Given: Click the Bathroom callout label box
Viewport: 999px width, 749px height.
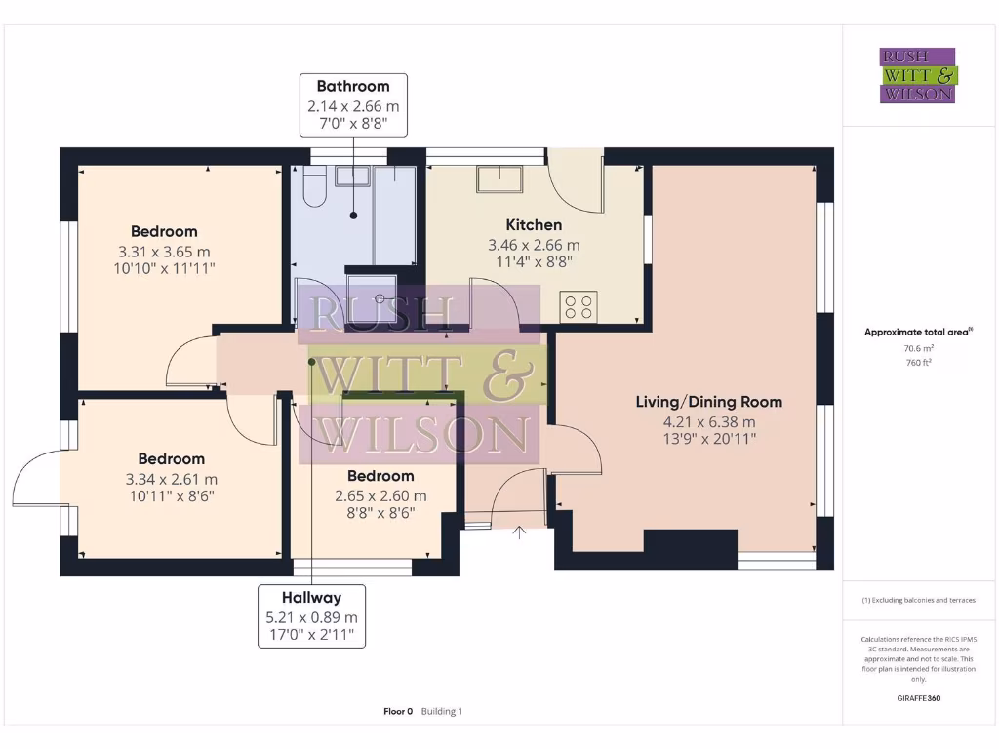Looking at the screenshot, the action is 353,105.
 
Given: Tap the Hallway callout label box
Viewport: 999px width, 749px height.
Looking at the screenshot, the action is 311,616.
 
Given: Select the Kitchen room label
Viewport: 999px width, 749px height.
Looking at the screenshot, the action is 534,225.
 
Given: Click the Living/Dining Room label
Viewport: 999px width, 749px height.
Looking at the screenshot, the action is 709,402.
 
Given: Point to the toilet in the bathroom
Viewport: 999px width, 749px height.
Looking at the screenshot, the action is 315,186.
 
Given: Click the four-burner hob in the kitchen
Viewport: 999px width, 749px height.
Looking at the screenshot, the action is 579,307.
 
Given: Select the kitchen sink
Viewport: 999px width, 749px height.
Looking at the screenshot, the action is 499,178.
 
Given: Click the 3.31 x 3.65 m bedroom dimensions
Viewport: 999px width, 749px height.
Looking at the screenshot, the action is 164,252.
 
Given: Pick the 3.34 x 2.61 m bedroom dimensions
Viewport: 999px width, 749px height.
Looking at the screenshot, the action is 172,479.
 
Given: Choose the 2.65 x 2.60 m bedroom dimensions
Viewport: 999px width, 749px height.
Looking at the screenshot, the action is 381,495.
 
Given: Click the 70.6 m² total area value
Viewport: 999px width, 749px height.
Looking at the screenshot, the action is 919,348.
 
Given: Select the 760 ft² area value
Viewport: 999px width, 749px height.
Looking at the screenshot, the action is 919,363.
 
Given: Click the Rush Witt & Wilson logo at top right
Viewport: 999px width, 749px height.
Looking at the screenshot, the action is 918,75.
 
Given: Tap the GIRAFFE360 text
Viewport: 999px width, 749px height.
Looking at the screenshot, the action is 919,698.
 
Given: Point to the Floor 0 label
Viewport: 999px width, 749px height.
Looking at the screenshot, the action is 398,711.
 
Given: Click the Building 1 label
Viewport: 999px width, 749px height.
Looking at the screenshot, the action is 442,711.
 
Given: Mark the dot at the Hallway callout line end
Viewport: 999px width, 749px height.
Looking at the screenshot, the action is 312,362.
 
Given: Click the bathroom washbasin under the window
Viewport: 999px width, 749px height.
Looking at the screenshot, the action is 353,176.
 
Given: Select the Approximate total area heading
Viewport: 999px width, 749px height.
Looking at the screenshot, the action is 918,332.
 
